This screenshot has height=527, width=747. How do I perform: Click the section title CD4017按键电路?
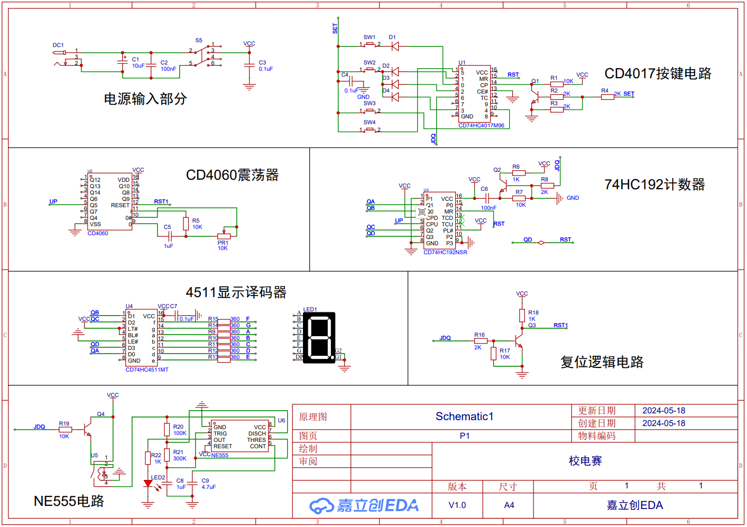tap(658, 73)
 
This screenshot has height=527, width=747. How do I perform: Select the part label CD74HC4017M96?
tap(481, 126)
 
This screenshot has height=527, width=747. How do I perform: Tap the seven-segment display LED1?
tap(318, 338)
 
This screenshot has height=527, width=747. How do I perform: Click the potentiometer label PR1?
tap(223, 243)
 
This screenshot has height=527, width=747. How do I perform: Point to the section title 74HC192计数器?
tap(654, 184)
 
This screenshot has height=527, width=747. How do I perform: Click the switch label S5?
tap(199, 40)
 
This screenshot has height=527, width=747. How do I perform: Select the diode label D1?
tap(392, 38)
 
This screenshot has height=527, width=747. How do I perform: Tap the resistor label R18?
tap(533, 312)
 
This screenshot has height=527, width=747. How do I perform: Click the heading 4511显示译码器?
tap(236, 292)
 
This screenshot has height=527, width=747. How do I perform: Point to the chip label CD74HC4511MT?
tap(147, 369)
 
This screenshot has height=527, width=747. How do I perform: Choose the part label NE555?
tap(220, 455)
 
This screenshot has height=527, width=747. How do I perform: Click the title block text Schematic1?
tap(464, 417)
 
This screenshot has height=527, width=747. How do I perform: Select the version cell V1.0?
tap(457, 505)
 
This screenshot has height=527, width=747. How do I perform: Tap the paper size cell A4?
tap(509, 505)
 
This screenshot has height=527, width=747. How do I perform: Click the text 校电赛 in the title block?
tap(585, 461)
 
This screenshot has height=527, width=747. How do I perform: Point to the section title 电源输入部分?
tap(145, 99)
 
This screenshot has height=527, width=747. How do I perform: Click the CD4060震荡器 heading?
tap(232, 175)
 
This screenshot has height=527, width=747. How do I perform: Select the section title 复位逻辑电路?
tap(602, 362)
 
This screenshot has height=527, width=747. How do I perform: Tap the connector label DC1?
tap(58, 45)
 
